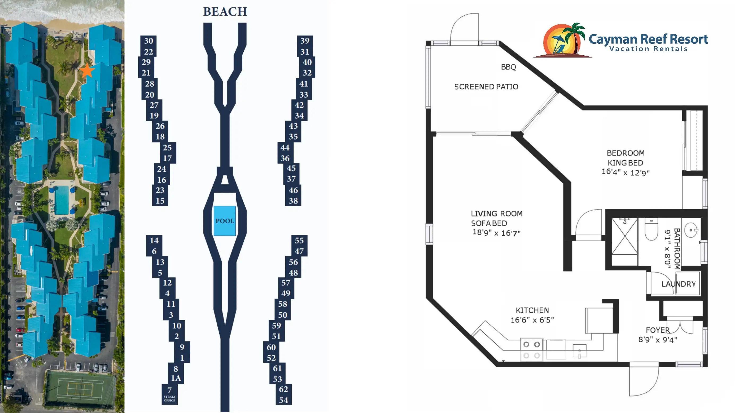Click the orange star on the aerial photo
[x=87, y=71]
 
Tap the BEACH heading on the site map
[x=225, y=12]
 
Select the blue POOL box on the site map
[x=225, y=221]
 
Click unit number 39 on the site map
[x=305, y=41]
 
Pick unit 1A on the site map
[x=176, y=378]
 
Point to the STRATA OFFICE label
[x=169, y=398]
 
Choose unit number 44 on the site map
[x=285, y=148]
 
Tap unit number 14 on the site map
[x=154, y=241]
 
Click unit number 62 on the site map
[x=283, y=389]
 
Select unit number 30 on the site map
[x=148, y=41]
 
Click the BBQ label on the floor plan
[x=509, y=67]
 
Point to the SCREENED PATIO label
[x=486, y=87]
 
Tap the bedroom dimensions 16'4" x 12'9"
[x=625, y=172]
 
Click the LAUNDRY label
[x=679, y=284]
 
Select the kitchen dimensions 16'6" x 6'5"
[x=532, y=320]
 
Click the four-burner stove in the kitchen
[x=531, y=350]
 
